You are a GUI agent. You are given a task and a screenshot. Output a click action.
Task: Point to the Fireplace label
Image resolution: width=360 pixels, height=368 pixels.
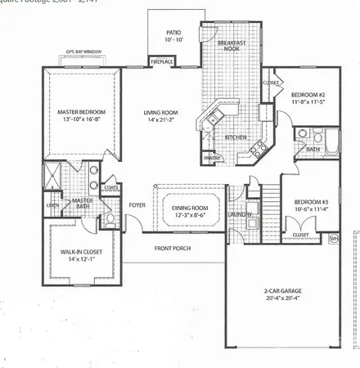click(x=161, y=61)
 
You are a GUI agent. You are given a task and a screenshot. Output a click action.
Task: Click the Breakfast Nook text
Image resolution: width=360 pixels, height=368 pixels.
click(x=231, y=44)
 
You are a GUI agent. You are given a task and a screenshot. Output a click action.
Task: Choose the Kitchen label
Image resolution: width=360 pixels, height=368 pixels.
click(x=236, y=137)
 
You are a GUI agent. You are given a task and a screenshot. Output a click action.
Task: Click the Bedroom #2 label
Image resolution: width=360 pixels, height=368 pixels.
click(x=308, y=96)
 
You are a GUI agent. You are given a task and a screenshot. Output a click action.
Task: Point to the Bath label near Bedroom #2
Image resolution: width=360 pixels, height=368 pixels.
click(x=312, y=150)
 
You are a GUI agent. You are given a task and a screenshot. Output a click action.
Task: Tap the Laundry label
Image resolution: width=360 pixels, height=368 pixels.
click(x=240, y=215)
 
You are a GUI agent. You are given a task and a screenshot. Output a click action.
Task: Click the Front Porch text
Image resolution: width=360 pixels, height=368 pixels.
click(x=173, y=247)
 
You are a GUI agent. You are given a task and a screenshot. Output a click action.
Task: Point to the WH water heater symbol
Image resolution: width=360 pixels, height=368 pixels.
click(x=334, y=238)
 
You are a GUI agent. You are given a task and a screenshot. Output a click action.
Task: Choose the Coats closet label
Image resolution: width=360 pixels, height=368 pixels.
click(x=110, y=187)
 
